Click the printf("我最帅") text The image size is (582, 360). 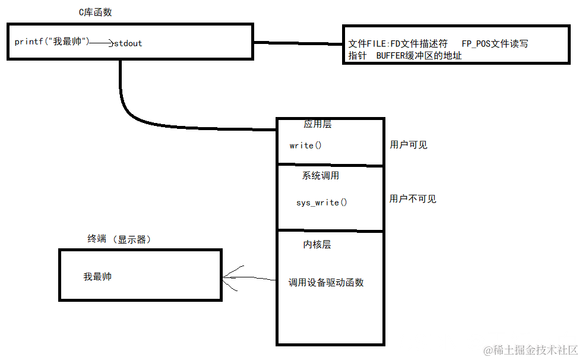click(x=52, y=42)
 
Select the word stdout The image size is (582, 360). click(x=128, y=43)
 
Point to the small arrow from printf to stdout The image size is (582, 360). click(x=102, y=43)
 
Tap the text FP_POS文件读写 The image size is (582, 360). click(x=495, y=44)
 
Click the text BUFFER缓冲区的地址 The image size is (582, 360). click(x=419, y=56)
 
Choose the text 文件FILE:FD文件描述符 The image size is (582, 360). click(x=398, y=44)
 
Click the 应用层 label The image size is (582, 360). click(x=318, y=125)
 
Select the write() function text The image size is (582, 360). click(x=305, y=146)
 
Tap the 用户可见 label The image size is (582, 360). click(x=409, y=145)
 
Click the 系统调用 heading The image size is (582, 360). click(x=321, y=176)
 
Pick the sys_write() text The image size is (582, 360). click(x=322, y=203)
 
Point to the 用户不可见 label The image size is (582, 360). click(x=413, y=199)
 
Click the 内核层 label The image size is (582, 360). click(x=317, y=245)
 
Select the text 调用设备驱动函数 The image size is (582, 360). click(x=326, y=283)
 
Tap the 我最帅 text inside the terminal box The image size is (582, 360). click(x=97, y=277)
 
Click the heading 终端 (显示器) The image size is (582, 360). click(x=119, y=239)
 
